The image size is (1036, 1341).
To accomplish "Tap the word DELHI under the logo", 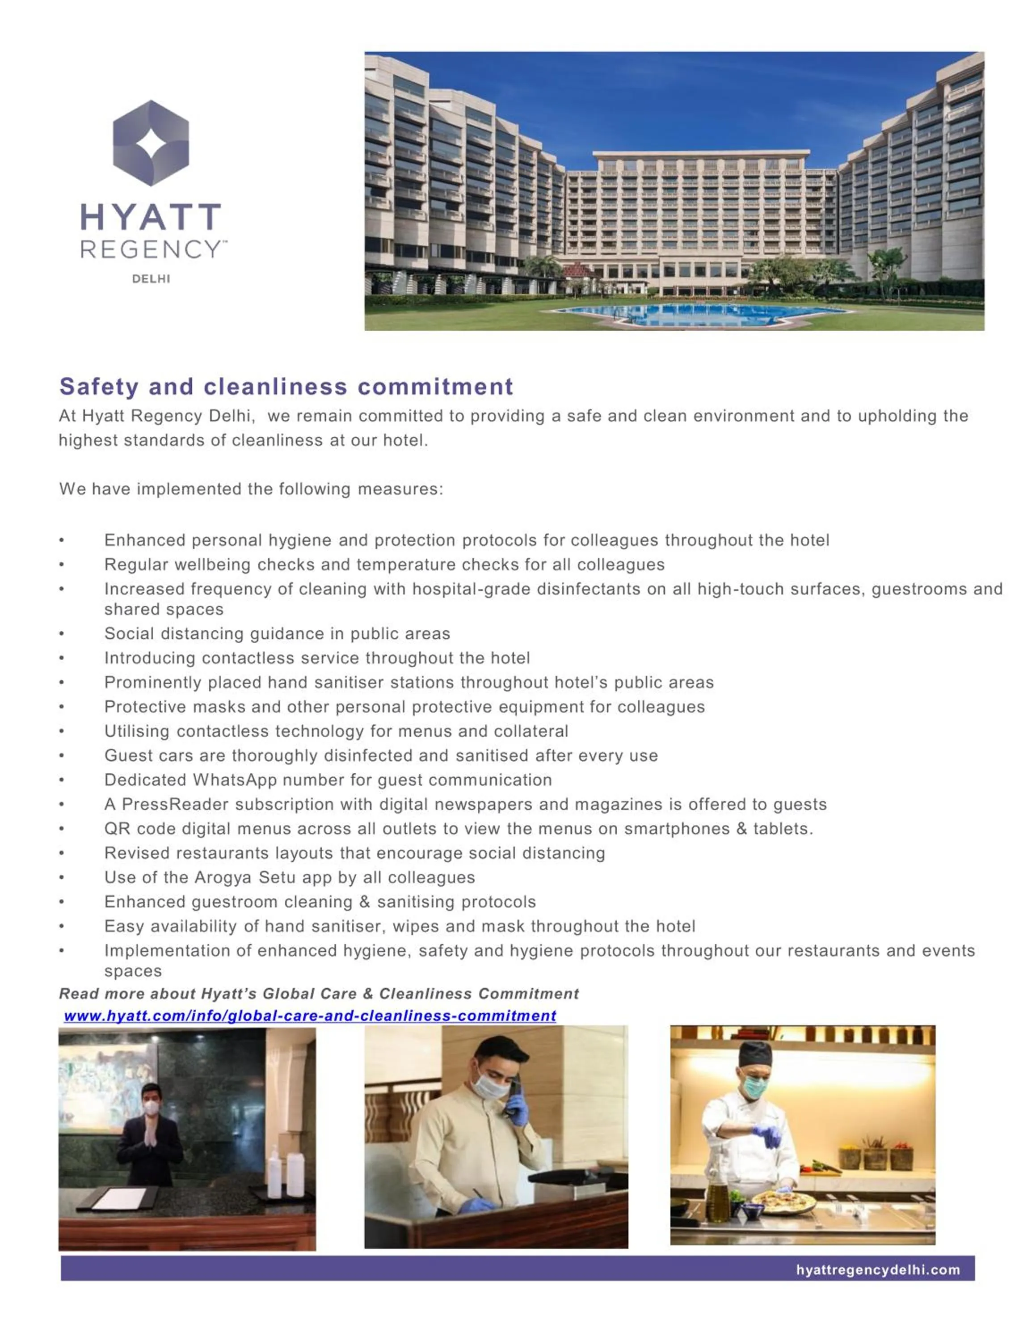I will click(x=151, y=279).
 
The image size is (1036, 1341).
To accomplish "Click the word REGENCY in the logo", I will click(x=151, y=249).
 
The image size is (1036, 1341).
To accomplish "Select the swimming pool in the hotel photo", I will click(x=699, y=314).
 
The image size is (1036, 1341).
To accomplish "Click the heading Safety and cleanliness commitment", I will click(x=286, y=386).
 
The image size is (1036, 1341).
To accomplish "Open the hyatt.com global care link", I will click(x=310, y=1016).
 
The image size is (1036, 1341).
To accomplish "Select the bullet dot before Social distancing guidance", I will click(x=61, y=634).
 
